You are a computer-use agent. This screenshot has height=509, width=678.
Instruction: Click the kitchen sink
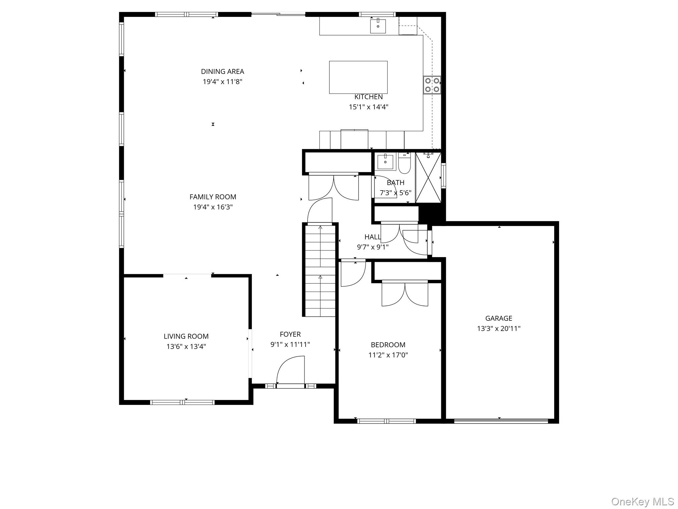378,26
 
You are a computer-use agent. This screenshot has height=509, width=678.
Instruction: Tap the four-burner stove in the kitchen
432,85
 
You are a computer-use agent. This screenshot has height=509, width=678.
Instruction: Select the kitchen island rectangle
358,77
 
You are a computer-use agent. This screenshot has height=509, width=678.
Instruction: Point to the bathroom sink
385,162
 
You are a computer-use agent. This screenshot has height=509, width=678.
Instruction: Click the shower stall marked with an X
428,178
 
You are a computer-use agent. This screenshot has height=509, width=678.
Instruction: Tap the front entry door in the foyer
290,371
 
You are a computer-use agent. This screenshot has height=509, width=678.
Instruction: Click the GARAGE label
499,318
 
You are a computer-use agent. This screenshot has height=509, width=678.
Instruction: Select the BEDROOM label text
388,345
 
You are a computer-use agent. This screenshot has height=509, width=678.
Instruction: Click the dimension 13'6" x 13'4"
186,347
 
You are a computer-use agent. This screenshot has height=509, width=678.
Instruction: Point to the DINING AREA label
222,72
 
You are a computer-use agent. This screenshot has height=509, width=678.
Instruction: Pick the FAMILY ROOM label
213,197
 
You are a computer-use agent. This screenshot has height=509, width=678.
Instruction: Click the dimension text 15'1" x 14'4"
368,107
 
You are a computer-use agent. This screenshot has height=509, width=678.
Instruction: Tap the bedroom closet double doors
405,294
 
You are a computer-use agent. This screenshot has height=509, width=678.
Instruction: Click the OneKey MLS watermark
643,501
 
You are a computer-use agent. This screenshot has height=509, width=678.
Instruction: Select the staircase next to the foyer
320,270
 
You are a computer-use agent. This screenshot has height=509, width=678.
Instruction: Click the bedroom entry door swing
353,273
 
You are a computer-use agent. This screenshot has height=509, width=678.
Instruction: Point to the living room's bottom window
182,402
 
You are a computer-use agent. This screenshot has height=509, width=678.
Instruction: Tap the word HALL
372,237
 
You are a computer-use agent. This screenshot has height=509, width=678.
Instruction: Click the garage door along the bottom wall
501,421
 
